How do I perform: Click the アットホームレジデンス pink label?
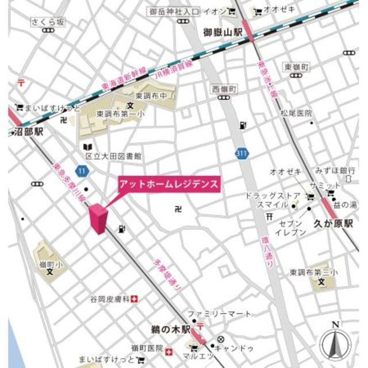169,185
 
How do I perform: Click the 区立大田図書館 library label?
114,156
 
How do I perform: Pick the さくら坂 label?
47,22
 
